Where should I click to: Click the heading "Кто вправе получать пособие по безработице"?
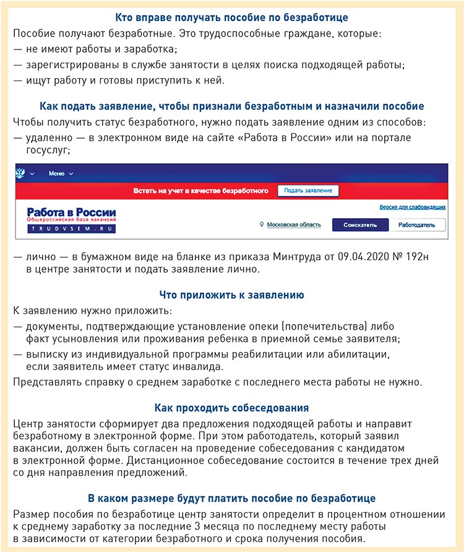(231, 17)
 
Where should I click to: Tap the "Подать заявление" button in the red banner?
(307, 190)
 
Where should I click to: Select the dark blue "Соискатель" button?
(359, 225)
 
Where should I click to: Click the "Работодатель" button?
(417, 225)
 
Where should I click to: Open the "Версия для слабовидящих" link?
(413, 207)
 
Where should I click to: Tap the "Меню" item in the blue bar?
(57, 173)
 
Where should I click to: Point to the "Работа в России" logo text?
(71, 213)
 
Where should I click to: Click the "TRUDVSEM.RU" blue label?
(71, 229)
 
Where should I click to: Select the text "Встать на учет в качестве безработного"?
(201, 191)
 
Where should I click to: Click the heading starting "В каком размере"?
(231, 498)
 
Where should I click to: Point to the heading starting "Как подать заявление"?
(231, 106)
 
